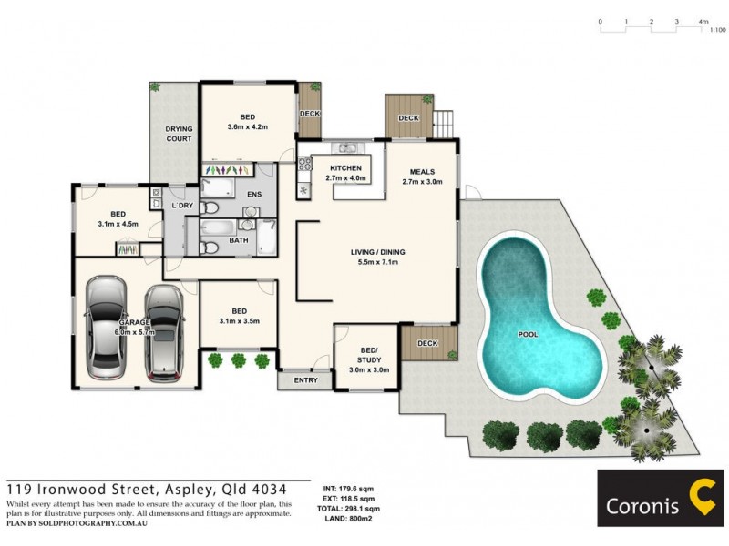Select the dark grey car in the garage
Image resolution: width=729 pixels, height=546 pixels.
pos(163,332)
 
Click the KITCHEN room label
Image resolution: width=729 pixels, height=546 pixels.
pos(346,168)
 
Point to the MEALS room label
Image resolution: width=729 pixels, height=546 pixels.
pos(422,171)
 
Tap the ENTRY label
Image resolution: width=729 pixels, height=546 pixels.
pos(306,380)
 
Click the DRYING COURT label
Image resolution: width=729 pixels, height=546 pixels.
pos(179,135)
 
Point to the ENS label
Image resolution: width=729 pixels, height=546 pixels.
pos(255,194)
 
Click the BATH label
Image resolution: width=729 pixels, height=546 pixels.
pos(239,241)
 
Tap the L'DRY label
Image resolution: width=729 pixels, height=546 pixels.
pos(182,206)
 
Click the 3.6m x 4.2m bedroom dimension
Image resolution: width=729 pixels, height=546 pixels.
pos(248,127)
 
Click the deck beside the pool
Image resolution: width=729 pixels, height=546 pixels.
pos(426,343)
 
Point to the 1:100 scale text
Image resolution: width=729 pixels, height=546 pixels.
pos(718,30)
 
